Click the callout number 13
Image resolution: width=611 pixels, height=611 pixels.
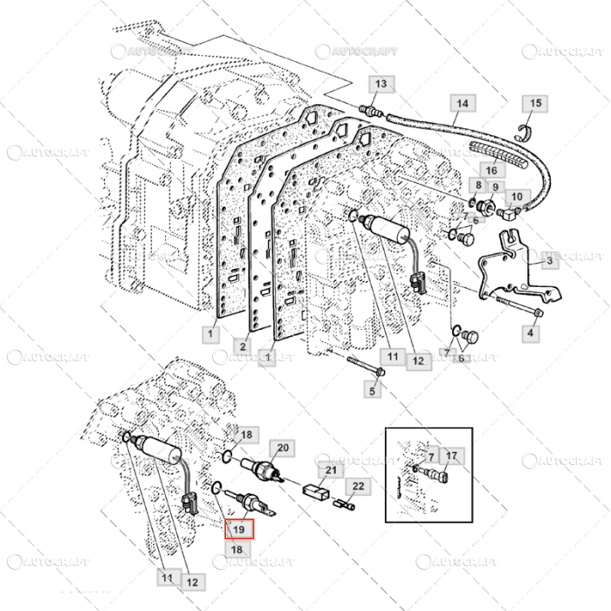380,84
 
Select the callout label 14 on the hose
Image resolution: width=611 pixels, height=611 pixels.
463,103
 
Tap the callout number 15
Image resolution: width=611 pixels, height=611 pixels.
536,103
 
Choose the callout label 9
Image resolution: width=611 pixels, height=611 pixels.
494,187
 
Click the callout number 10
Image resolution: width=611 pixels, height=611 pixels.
515,196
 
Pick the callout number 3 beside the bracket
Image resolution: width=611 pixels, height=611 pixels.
550,260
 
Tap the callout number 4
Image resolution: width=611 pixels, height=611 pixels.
532,333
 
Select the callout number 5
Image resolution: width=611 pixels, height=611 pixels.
373,390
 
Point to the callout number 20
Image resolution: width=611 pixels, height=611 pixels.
282,449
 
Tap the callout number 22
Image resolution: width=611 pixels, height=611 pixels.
358,486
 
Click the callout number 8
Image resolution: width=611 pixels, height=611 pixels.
477,187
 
